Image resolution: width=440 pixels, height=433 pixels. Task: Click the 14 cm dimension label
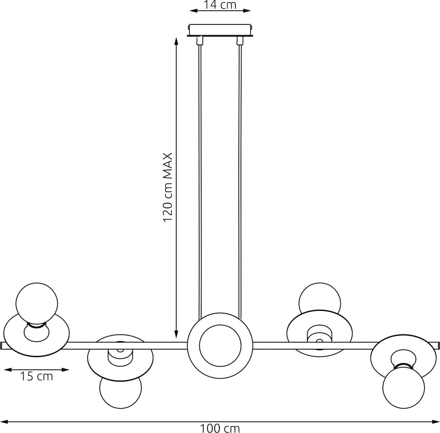220,5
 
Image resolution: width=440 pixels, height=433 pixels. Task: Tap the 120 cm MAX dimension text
167,187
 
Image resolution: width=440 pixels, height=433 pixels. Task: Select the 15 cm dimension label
37,376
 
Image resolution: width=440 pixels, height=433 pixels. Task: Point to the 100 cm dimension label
220,428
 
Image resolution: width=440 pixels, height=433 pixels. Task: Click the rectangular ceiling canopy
220,30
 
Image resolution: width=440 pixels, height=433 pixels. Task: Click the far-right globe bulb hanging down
404,387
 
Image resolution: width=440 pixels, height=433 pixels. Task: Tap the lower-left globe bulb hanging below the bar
121,389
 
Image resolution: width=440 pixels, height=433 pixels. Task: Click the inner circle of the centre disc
220,346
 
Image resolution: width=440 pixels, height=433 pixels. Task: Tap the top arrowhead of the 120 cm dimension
176,41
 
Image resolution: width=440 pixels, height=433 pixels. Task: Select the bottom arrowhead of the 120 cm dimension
176,334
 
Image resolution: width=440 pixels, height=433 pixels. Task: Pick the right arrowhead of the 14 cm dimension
247,11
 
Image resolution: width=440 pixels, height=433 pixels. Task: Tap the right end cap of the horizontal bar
438,346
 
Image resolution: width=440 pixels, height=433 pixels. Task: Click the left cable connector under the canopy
200,40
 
